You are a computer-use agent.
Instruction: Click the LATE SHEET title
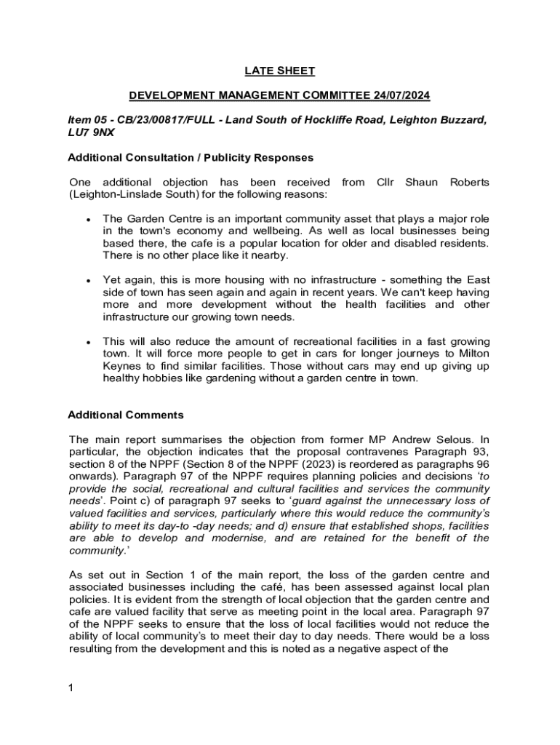[x=279, y=71]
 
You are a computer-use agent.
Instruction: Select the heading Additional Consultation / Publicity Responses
[x=191, y=157]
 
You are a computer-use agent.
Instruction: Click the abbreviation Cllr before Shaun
[x=385, y=182]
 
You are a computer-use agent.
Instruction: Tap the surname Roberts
[x=469, y=182]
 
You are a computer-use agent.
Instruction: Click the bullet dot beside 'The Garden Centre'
[x=87, y=219]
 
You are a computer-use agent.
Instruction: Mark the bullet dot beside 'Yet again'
[x=87, y=280]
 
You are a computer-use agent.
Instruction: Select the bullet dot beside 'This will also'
[x=87, y=342]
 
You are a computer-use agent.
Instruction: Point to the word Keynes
[x=121, y=366]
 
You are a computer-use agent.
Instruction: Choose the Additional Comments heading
[x=126, y=415]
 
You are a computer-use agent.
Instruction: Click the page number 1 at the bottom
[x=71, y=688]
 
